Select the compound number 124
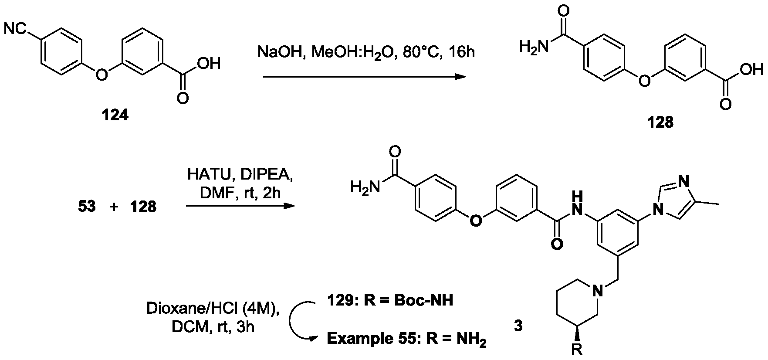click(x=115, y=115)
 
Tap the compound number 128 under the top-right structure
click(x=660, y=123)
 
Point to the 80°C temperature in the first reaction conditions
click(x=421, y=52)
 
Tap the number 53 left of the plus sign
click(x=87, y=207)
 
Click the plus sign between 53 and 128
click(x=114, y=207)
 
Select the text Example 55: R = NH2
click(x=406, y=339)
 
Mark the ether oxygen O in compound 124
click(x=101, y=75)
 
